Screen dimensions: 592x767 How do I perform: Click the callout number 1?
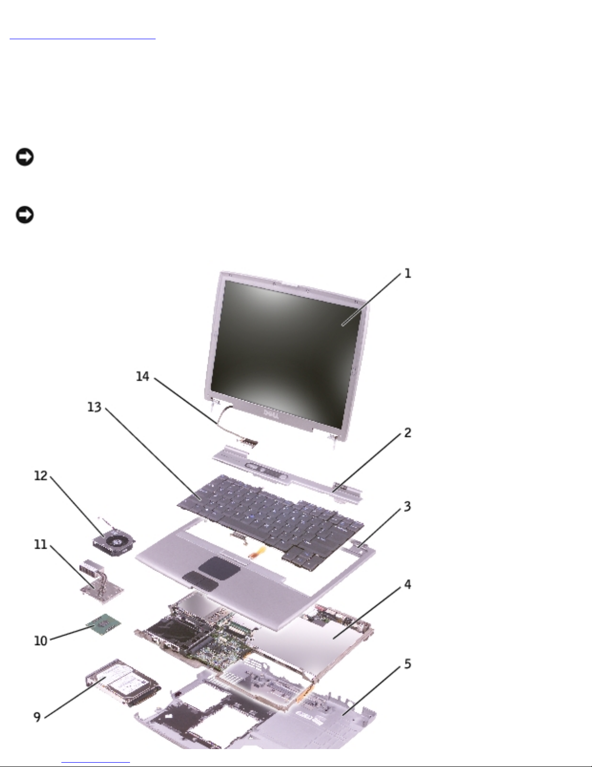click(x=407, y=273)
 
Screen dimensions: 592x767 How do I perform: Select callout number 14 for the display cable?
click(x=143, y=376)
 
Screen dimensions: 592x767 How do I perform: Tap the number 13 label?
click(x=94, y=407)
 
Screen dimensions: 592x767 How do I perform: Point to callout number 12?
click(x=41, y=476)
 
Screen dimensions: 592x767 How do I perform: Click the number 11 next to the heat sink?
click(x=41, y=544)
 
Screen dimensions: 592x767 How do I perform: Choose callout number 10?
click(x=41, y=641)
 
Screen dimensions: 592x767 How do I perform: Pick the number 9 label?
click(x=37, y=717)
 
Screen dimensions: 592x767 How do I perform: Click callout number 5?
click(x=407, y=664)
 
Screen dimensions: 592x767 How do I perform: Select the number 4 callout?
click(x=407, y=585)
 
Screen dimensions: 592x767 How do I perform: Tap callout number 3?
click(x=407, y=507)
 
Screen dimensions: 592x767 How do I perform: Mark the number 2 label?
click(x=407, y=433)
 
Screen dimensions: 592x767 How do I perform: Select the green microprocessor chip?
click(x=103, y=625)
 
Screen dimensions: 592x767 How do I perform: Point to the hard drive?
click(x=123, y=683)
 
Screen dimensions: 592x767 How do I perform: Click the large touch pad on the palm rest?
click(x=219, y=568)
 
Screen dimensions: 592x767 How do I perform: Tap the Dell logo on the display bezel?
click(x=271, y=414)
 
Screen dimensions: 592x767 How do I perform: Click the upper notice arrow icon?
click(x=25, y=157)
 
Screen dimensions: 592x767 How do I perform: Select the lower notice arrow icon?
click(x=25, y=214)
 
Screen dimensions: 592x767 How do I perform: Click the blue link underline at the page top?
click(x=83, y=39)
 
